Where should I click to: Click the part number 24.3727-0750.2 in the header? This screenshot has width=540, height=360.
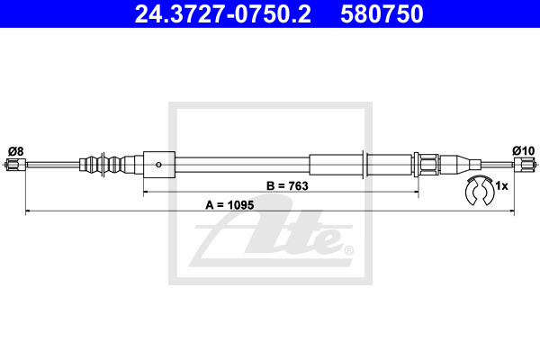pos(222,13)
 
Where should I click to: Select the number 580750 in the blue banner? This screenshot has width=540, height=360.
pos(382,13)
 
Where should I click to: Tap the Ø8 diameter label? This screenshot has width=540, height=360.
pos(16,151)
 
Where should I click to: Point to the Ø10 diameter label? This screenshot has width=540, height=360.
pos(524,151)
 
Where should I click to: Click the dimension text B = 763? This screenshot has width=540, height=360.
pos(287,186)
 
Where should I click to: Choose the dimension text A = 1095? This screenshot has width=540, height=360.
pos(229,205)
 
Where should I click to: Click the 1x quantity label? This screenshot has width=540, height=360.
pos(501,186)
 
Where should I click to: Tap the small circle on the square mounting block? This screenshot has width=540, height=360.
pos(158,165)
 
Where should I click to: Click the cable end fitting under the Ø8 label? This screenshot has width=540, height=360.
pos(16,165)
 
